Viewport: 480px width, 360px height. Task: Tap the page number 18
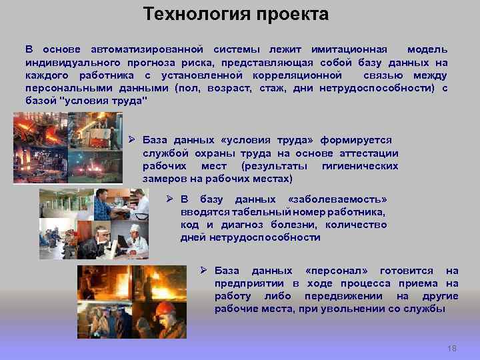452,349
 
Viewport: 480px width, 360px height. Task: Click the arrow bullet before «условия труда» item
132,140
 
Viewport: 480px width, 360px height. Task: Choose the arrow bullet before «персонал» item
205,271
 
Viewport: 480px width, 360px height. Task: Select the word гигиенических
359,165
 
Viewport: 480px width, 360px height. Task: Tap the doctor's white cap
134,228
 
